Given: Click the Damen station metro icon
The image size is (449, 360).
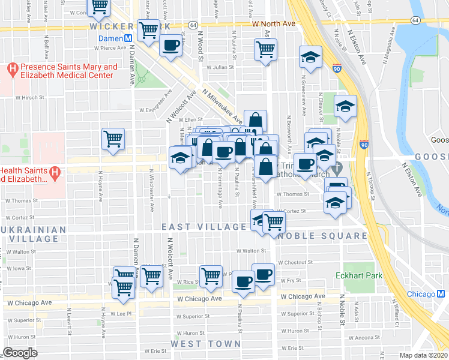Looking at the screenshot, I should pos(128,37).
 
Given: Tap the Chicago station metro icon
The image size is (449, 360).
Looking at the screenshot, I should pos(440,294).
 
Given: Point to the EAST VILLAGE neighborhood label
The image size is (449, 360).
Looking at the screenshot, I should pos(204,227).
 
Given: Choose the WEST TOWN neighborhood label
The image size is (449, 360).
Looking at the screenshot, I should pos(205,344).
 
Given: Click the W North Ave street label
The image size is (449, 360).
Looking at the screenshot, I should pos(274,23).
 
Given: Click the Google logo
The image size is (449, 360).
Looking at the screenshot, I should pos(20,353).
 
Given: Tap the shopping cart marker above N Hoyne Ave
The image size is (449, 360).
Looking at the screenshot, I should pos(113,139).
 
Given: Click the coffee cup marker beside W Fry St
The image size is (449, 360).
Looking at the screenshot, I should pos(263,274).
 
